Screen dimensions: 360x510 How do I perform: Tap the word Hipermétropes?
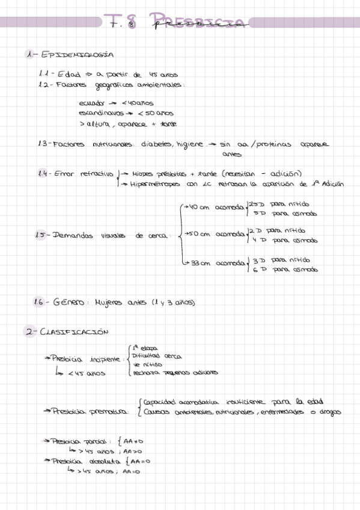[x=157, y=184]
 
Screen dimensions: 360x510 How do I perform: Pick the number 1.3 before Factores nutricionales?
[x=43, y=144]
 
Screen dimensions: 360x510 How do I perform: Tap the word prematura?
[x=109, y=412]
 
